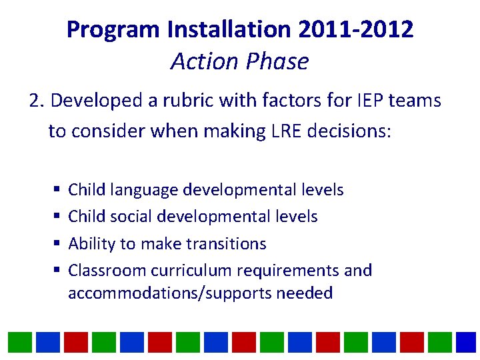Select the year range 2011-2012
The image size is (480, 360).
[356, 29]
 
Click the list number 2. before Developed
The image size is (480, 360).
[37, 101]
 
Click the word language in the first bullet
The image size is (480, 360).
[144, 190]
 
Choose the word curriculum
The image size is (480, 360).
[195, 271]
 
